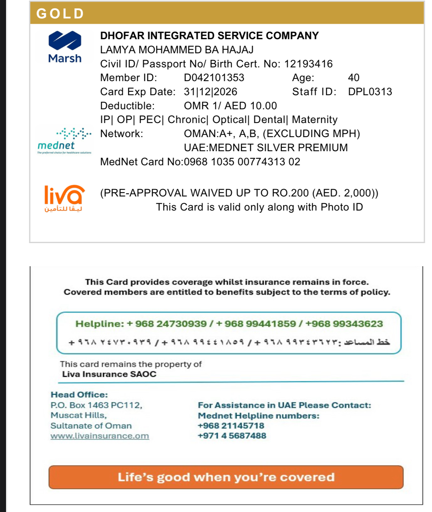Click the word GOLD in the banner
[x=60, y=14]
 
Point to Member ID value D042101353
[x=214, y=78]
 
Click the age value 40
[x=353, y=78]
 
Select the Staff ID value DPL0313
[x=370, y=92]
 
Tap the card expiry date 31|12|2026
[x=210, y=92]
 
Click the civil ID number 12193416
[x=308, y=64]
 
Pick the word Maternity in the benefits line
[x=314, y=120]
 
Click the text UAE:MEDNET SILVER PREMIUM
[x=266, y=148]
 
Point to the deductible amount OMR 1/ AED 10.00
[x=230, y=106]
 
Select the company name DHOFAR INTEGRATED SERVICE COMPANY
[x=209, y=36]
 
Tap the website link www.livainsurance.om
[x=99, y=436]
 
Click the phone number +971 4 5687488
[x=232, y=436]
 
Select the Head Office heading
[x=79, y=395]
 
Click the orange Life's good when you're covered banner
[x=226, y=477]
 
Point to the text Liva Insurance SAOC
[x=109, y=374]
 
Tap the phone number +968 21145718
[x=231, y=426]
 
